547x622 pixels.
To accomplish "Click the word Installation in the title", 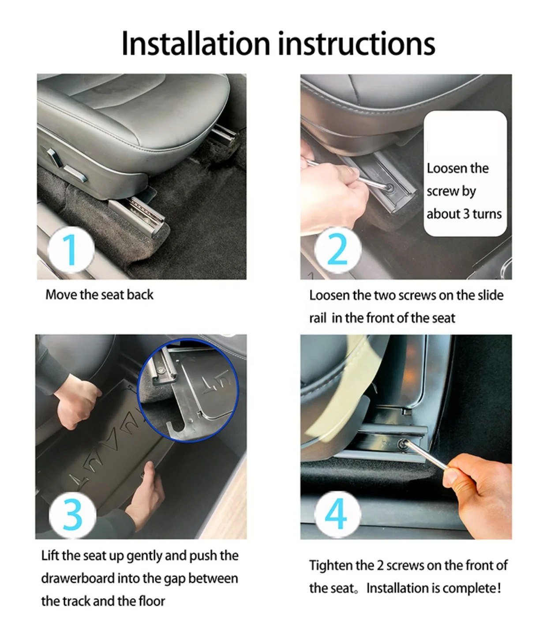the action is pos(195,44).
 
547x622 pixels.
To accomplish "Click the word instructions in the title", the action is pos(356,44).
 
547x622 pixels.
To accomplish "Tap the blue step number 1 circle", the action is pos(71,250).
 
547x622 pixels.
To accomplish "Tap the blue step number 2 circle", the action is pos(337,250).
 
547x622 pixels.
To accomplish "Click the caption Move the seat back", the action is pos(99,295).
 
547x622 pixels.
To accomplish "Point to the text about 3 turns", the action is pos(464,214).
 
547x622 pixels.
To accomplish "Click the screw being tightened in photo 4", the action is pos(403,444).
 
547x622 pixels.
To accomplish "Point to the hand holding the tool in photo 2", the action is pos(332,193).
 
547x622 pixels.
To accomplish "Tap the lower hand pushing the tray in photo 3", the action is pos(144,494).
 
